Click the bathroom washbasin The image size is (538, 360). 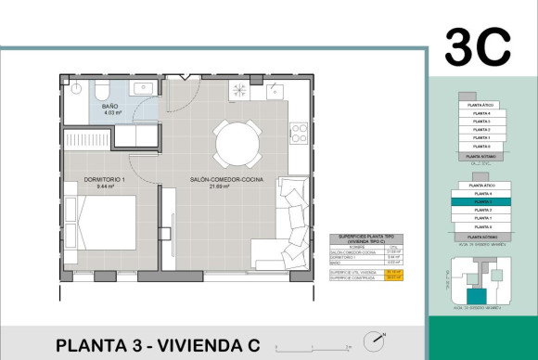(143, 87)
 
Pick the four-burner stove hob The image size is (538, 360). (299, 133)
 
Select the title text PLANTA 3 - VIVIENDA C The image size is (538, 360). (158, 345)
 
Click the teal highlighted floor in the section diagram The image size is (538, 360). (481, 201)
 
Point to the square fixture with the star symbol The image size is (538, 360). (238, 91)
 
